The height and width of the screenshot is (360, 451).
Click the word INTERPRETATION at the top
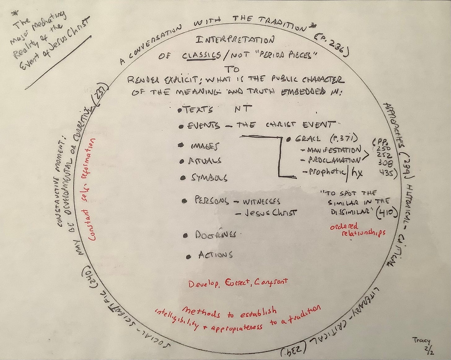coord(235,40)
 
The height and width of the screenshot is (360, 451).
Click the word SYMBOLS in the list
coord(209,178)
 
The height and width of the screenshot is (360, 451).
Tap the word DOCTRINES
coord(216,235)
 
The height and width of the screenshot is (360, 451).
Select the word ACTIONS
coord(216,255)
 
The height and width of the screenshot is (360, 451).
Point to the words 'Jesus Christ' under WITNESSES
coord(269,213)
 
